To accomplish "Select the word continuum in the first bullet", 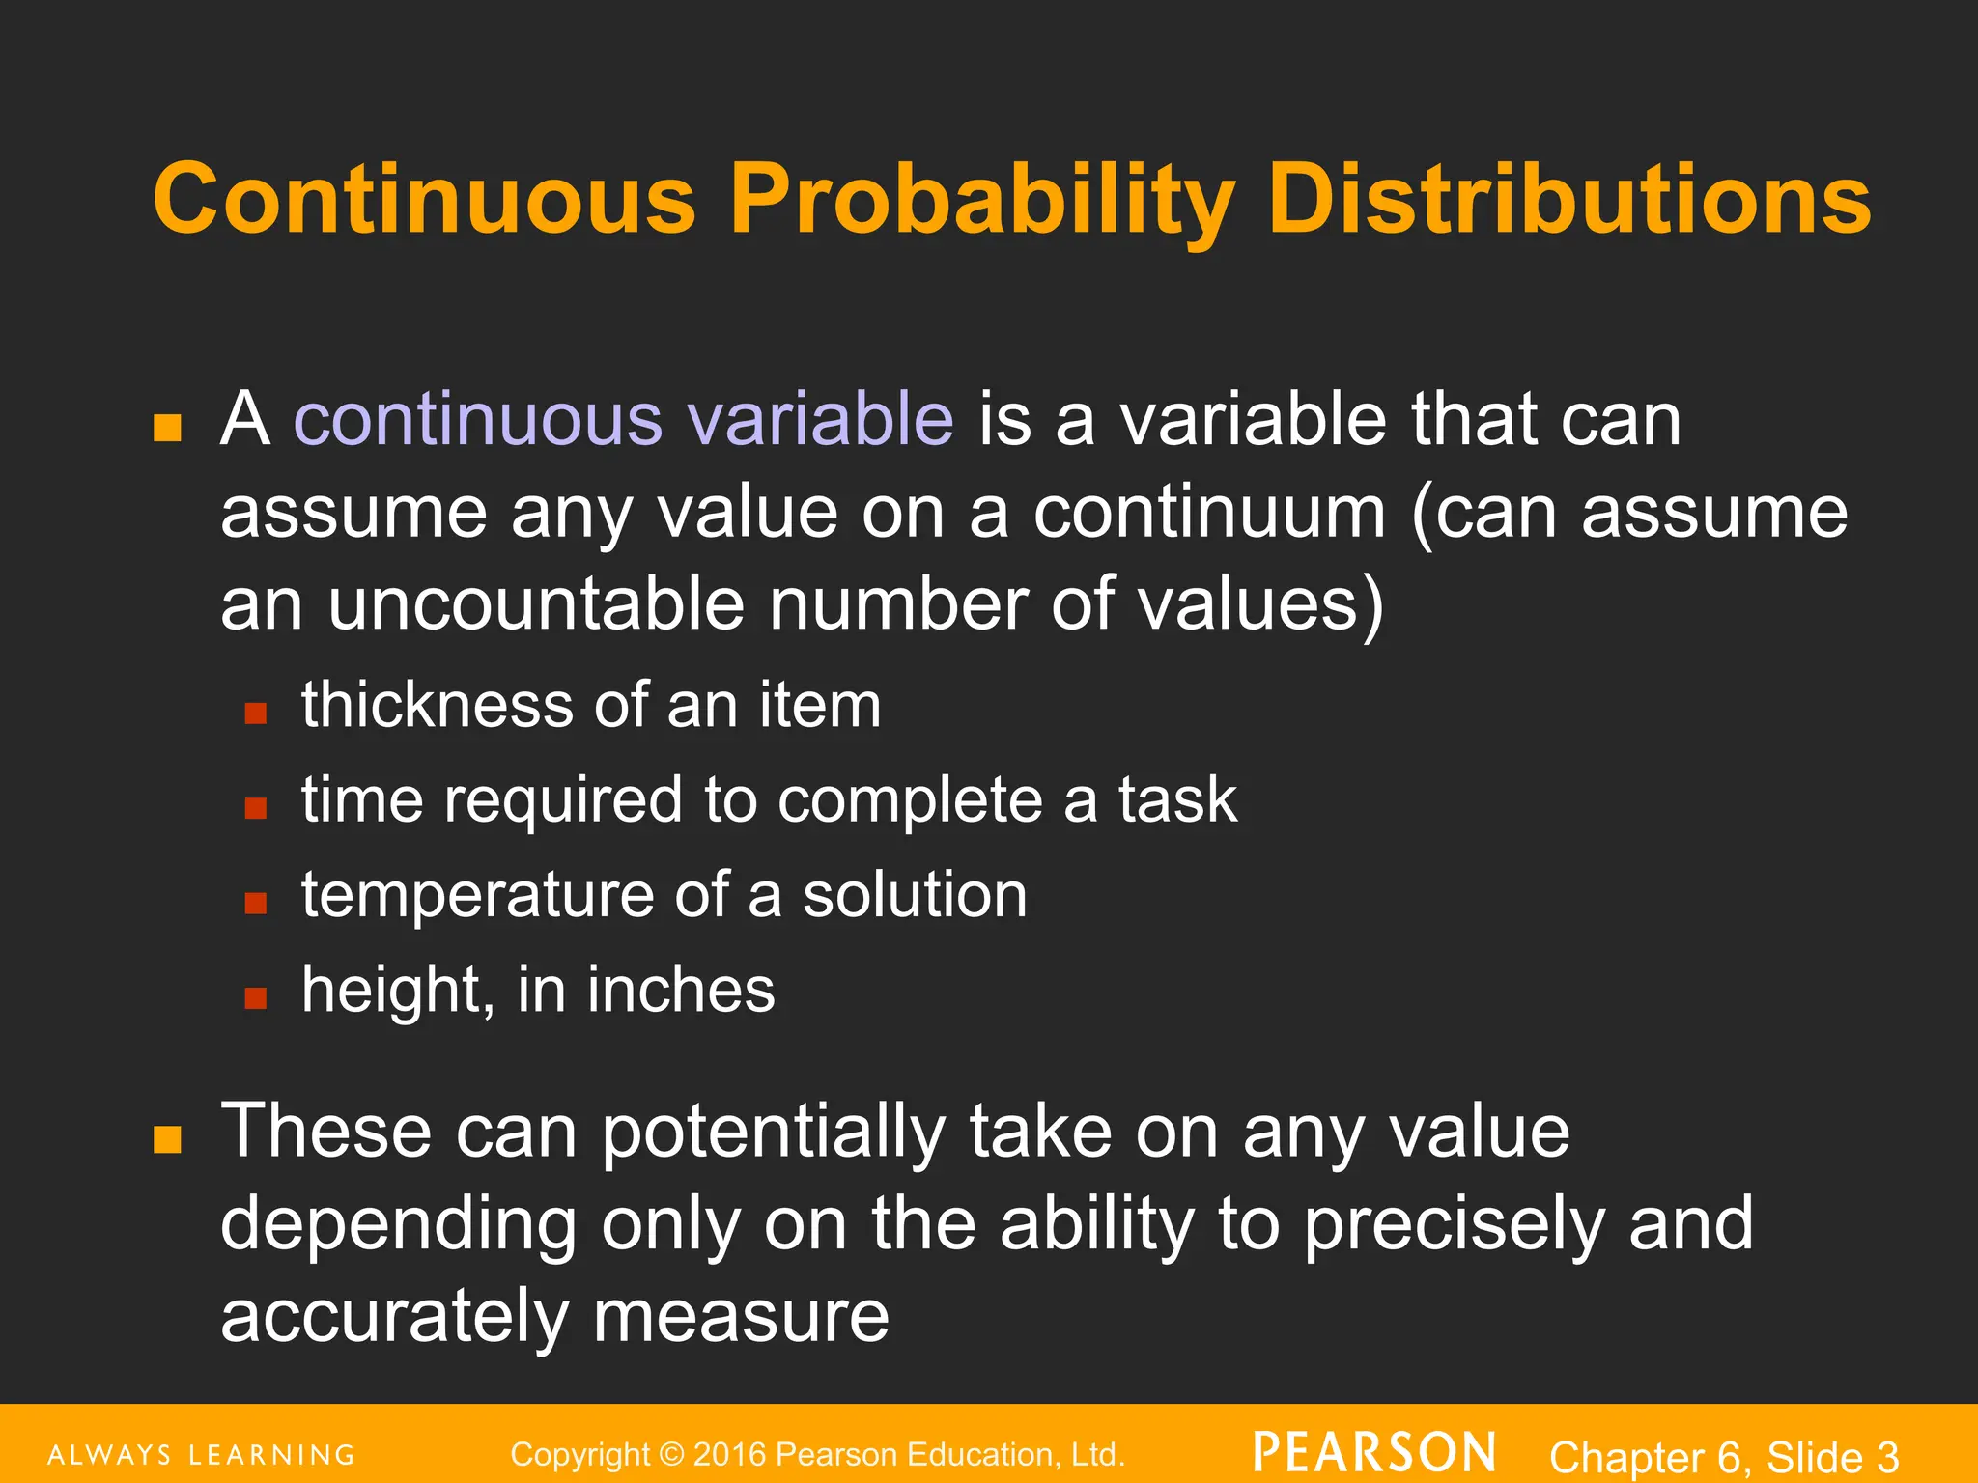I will coord(1209,512).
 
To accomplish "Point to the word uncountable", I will coord(536,604).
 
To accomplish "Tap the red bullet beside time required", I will coord(255,807).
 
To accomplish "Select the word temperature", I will coord(476,895).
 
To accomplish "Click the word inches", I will coord(681,990).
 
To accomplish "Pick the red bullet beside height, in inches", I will coord(255,997).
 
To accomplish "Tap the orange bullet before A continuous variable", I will coord(167,428).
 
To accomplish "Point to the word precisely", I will coord(1455,1224).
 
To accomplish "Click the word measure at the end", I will coord(741,1317).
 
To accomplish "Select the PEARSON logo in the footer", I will coord(1374,1453).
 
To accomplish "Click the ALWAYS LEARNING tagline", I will coord(201,1455).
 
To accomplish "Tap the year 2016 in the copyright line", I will coord(730,1454).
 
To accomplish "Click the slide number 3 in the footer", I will coord(1887,1457).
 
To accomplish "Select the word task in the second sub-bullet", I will coord(1177,800).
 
